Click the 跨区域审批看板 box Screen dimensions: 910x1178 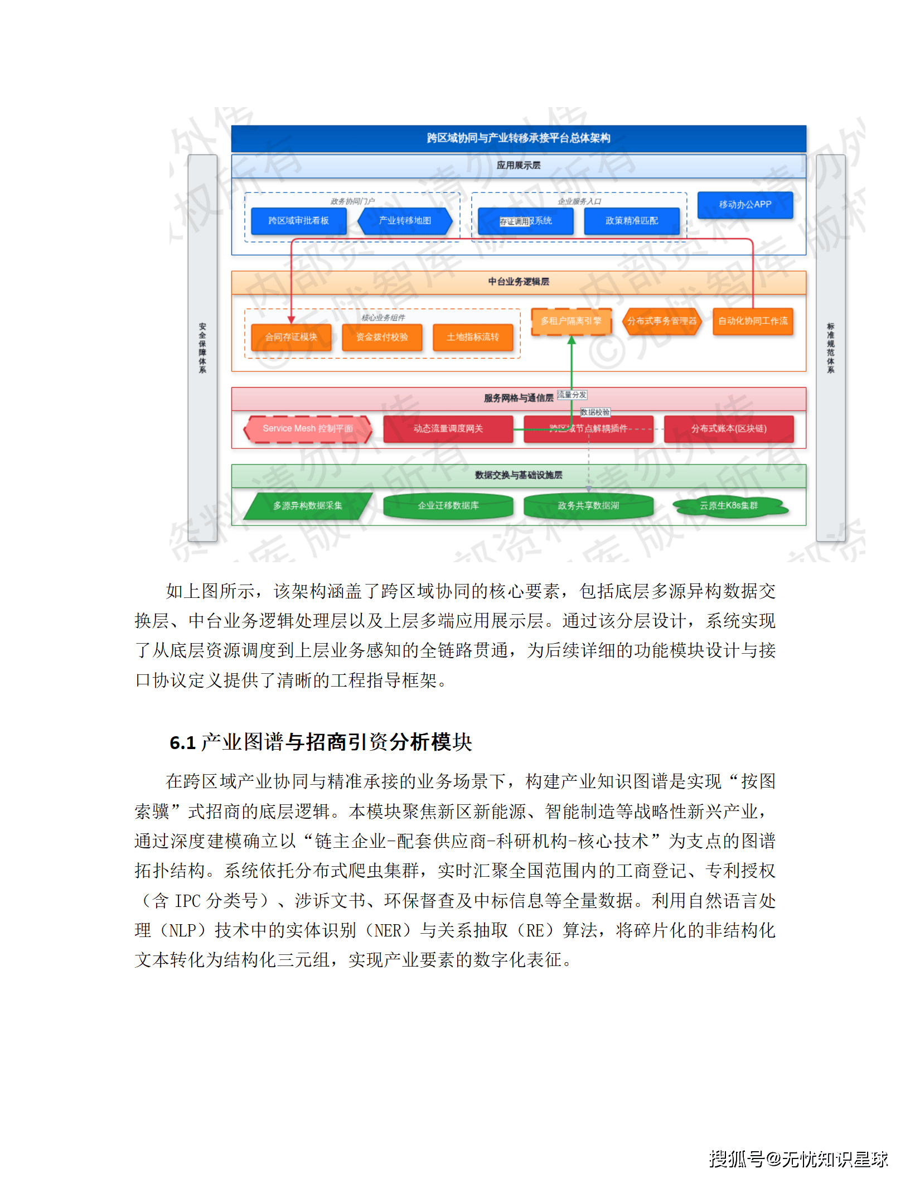pyautogui.click(x=298, y=221)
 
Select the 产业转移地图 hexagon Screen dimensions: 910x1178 pyautogui.click(x=405, y=221)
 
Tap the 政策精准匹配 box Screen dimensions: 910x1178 pyautogui.click(x=631, y=221)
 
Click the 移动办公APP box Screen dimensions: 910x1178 pyautogui.click(x=745, y=205)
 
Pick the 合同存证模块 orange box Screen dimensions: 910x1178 pyautogui.click(x=291, y=337)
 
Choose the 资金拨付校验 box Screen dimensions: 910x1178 pyautogui.click(x=382, y=337)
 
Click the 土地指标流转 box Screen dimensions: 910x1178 pyautogui.click(x=473, y=337)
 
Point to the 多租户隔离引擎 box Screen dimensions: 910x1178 pyautogui.click(x=571, y=321)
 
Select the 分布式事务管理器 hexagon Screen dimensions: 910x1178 pyautogui.click(x=662, y=321)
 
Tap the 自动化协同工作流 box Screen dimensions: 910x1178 pyautogui.click(x=753, y=321)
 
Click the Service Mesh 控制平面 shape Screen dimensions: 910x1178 pyautogui.click(x=308, y=429)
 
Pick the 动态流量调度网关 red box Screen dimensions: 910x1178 pyautogui.click(x=448, y=429)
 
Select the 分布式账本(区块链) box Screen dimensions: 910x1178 pyautogui.click(x=729, y=429)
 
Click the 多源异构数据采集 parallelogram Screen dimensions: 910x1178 pyautogui.click(x=308, y=506)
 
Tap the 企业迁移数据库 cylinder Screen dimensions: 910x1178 pyautogui.click(x=448, y=506)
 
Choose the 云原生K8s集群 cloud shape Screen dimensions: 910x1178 pyautogui.click(x=729, y=506)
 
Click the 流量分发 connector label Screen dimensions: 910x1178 pyautogui.click(x=572, y=395)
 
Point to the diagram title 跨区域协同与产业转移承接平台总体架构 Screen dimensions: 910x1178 pyautogui.click(x=519, y=138)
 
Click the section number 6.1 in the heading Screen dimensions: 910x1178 pyautogui.click(x=182, y=743)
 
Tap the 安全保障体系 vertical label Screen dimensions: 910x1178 pyautogui.click(x=202, y=347)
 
